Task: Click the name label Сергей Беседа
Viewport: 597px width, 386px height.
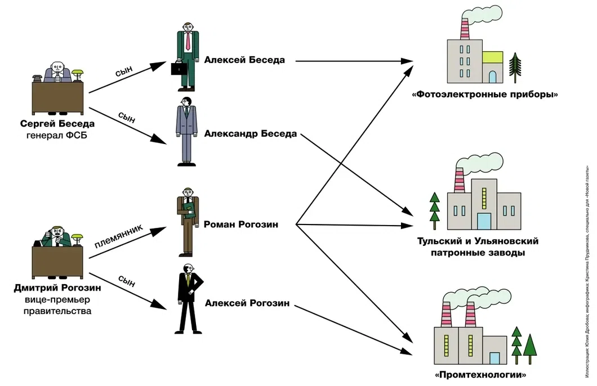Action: coord(57,123)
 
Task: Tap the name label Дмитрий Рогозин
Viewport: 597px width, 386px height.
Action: coord(57,288)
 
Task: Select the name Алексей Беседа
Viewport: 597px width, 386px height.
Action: coord(244,60)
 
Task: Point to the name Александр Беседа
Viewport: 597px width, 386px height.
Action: coord(250,134)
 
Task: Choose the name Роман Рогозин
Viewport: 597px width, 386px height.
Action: coord(241,225)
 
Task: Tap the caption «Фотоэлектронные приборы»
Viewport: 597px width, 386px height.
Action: coord(485,94)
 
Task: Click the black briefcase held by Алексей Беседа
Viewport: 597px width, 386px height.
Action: coord(180,69)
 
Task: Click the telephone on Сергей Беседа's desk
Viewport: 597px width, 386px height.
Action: coord(38,78)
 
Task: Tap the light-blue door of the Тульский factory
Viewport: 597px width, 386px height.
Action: coord(484,220)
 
